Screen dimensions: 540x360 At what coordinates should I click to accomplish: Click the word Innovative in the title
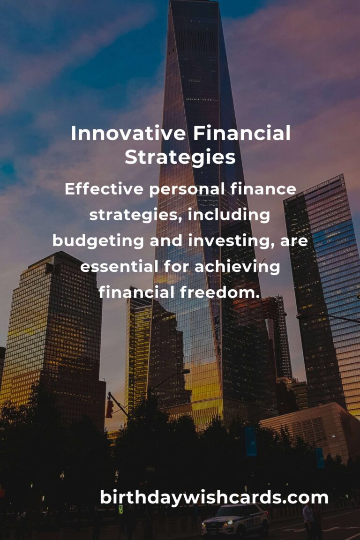tap(128, 134)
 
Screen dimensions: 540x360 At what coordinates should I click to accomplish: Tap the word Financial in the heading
tap(241, 134)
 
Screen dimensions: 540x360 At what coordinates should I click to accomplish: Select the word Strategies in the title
tap(180, 157)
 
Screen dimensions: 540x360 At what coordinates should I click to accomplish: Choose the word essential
tap(119, 267)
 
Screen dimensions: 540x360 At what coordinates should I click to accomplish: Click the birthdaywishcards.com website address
tap(214, 497)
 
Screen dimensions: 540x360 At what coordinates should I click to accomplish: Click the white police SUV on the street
tap(236, 522)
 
